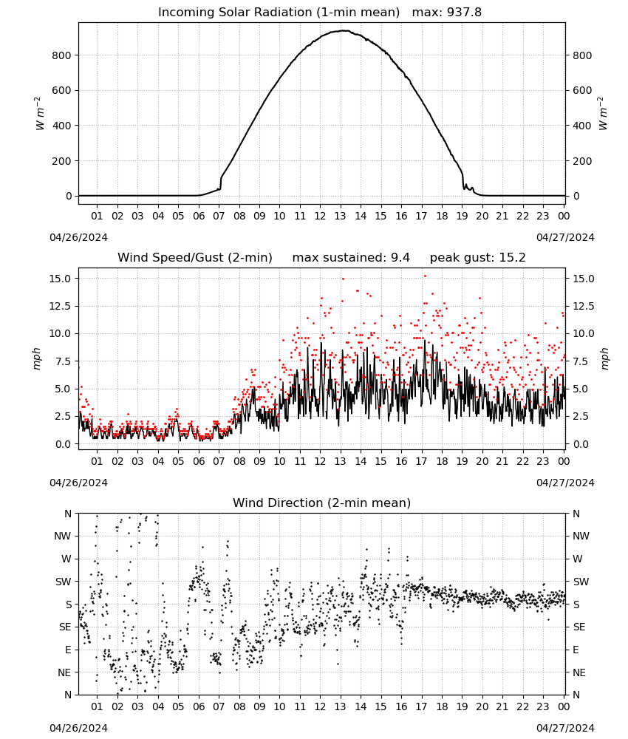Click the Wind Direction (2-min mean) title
322,503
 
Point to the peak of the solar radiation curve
344,30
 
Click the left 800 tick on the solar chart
62,55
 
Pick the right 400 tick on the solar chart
582,126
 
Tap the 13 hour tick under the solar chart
340,216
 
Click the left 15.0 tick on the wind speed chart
60,279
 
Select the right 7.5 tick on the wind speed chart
581,361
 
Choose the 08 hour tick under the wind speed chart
239,461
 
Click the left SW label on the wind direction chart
64,582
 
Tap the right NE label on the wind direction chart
579,672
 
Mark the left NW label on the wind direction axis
63,536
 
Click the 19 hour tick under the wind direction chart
463,706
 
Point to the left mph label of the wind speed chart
37,358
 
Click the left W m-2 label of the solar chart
39,114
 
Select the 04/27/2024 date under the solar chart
565,237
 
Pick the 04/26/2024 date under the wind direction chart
78,728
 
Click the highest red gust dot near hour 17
425,276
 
